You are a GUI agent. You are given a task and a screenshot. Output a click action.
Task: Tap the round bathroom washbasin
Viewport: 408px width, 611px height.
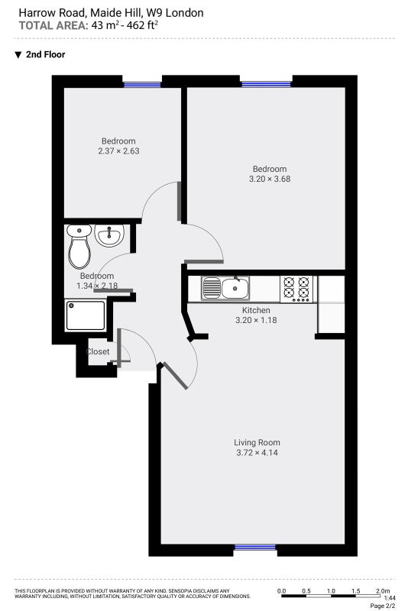(109, 235)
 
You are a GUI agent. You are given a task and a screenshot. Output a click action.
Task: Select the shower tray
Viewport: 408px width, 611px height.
(86, 315)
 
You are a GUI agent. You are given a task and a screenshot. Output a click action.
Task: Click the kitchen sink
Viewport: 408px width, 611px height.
(225, 289)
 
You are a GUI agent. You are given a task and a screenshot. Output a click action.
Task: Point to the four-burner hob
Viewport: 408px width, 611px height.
(296, 289)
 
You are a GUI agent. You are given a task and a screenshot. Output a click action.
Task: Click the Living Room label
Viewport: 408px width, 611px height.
(257, 442)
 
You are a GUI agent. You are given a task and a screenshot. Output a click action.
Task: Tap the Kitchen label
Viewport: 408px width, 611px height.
(256, 310)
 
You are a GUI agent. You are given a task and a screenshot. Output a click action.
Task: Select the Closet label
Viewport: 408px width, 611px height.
(98, 351)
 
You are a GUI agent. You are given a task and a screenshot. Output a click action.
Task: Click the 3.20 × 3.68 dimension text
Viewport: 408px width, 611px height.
(270, 179)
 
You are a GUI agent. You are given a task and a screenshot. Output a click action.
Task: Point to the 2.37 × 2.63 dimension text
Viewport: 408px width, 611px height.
(118, 150)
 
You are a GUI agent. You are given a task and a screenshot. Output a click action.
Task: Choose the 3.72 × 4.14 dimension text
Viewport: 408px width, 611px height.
(257, 452)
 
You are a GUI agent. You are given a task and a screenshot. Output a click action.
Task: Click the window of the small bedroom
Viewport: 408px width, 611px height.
(142, 84)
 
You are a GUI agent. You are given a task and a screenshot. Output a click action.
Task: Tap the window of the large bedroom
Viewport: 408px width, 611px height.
(266, 84)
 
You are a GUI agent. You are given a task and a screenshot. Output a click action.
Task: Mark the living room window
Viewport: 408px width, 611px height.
(255, 548)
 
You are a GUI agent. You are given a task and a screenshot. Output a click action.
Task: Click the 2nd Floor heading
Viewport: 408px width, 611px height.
(45, 54)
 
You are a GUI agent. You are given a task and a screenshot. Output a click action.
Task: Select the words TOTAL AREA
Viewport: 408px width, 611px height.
(53, 26)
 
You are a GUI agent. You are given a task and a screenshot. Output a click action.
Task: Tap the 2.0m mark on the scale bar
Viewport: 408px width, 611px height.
(383, 591)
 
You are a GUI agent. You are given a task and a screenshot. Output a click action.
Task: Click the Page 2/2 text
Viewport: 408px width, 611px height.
(382, 606)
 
